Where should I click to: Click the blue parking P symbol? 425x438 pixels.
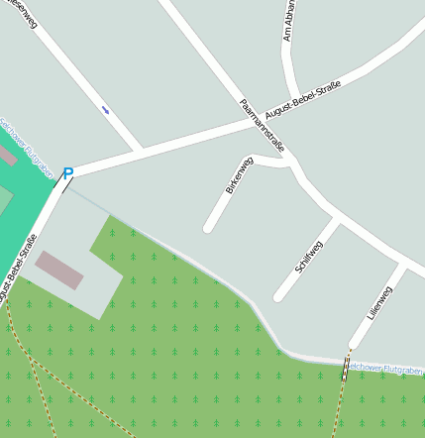click(x=67, y=173)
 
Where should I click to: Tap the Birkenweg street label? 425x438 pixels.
click(x=240, y=174)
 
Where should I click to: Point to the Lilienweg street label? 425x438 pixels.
click(x=379, y=302)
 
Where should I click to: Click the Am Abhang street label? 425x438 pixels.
click(x=288, y=22)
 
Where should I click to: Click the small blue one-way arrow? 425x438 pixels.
click(x=106, y=110)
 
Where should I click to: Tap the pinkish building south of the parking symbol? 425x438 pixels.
click(x=59, y=270)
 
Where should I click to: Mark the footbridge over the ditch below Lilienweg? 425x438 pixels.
click(x=346, y=369)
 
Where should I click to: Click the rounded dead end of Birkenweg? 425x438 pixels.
click(x=209, y=228)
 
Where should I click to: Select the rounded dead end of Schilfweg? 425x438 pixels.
click(x=279, y=296)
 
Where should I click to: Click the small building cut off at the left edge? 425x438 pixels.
click(x=6, y=156)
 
